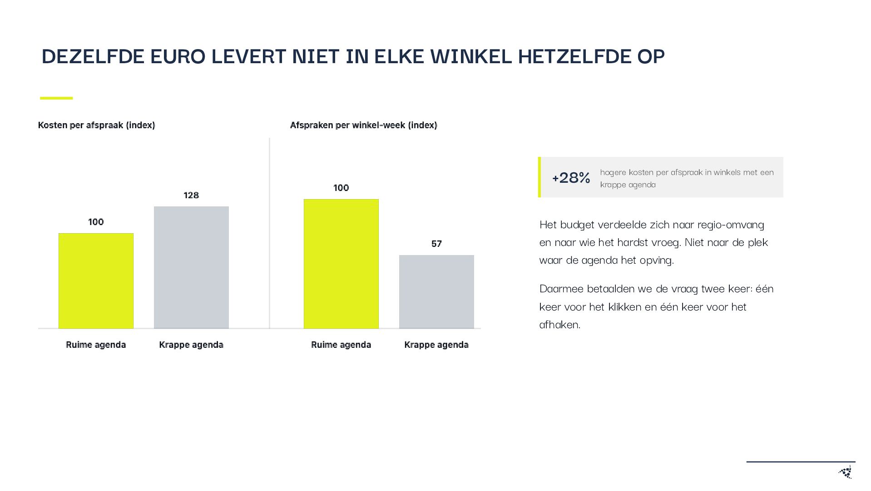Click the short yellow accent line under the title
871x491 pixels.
coord(56,98)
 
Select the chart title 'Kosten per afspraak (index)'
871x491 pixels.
coord(96,125)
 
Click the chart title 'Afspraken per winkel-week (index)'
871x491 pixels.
coord(363,125)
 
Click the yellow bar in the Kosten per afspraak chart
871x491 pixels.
coord(96,281)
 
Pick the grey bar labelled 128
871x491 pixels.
coord(191,267)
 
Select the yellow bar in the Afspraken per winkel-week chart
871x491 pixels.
coord(341,264)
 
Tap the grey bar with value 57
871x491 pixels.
coord(436,291)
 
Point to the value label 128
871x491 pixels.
coord(191,195)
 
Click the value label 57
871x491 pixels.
coord(436,244)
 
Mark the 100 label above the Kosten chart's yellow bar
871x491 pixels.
coord(96,222)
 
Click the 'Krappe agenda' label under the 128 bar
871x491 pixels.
coord(191,345)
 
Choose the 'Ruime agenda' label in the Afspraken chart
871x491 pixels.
coord(341,345)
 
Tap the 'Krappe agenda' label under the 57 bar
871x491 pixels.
coord(436,345)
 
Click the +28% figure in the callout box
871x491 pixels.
coord(571,177)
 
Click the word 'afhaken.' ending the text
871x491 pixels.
coord(560,324)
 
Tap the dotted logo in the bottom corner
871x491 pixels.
coord(846,472)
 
